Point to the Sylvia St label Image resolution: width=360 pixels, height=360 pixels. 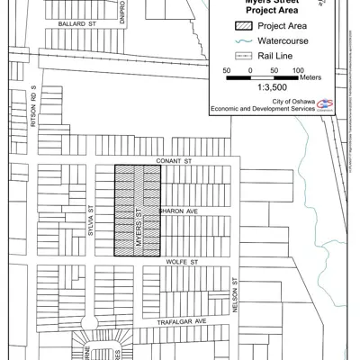coord(91,220)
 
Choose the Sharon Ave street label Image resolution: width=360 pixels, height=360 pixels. coord(176,211)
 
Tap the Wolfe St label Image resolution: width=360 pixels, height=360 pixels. coord(180,264)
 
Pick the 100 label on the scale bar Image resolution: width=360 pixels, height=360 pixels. coord(298,69)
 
